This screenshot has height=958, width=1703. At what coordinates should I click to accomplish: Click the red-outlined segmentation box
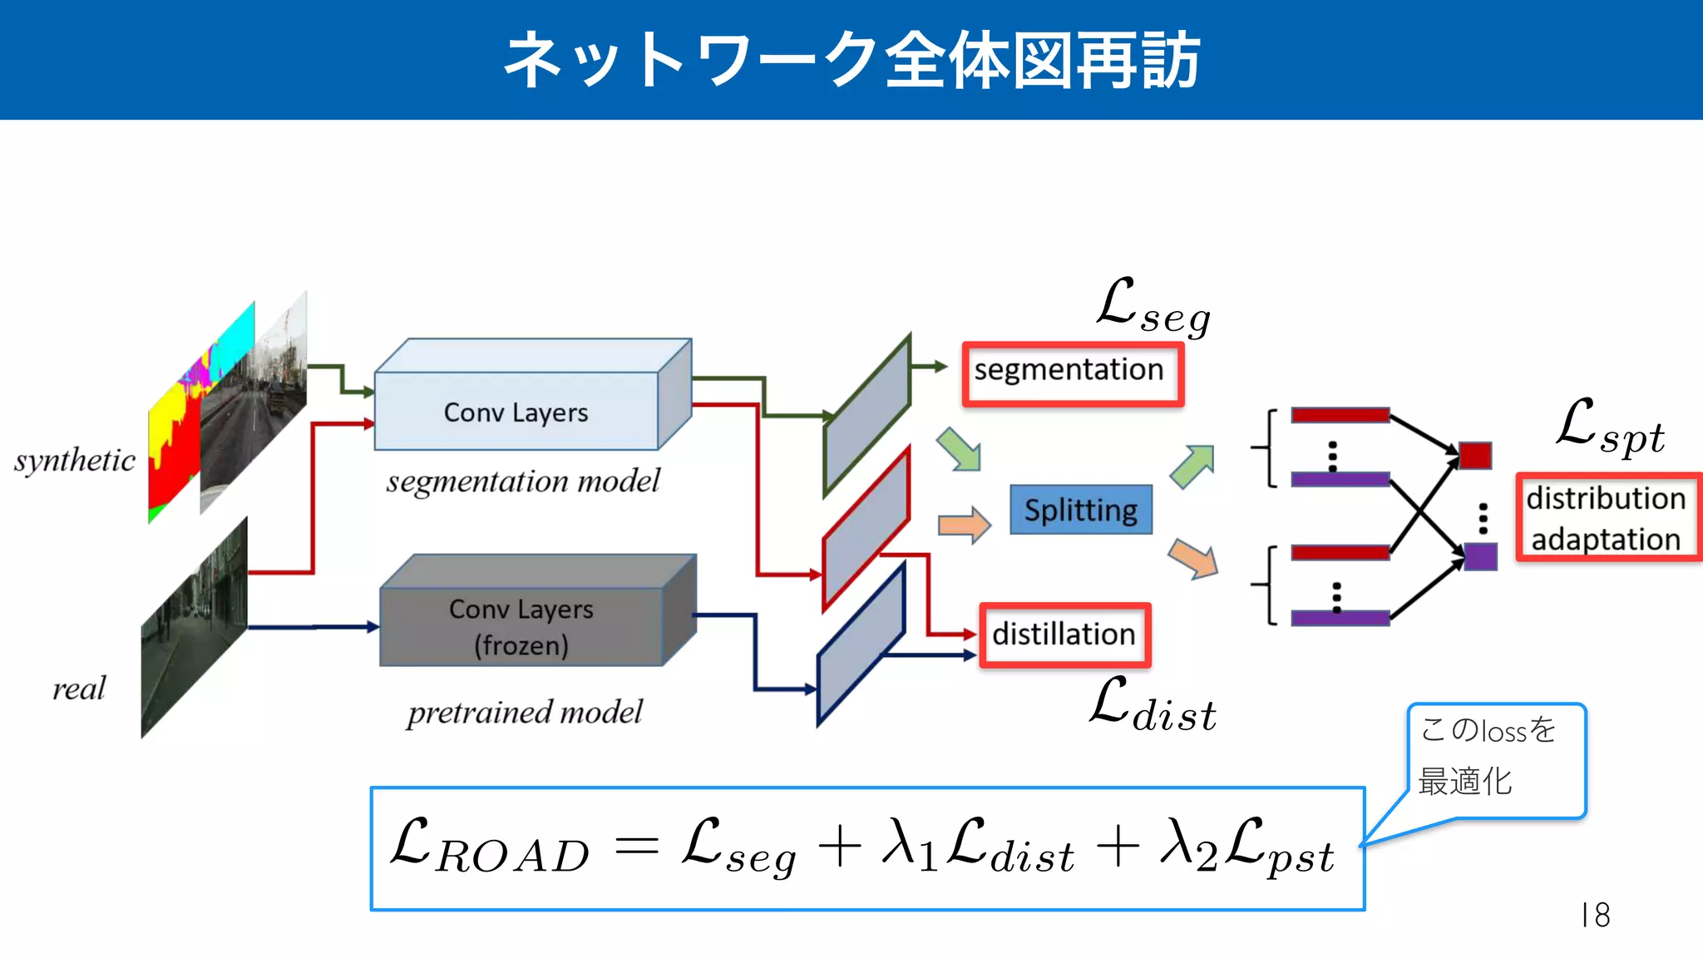click(x=1073, y=374)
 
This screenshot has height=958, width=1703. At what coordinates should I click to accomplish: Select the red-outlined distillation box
click(x=1065, y=635)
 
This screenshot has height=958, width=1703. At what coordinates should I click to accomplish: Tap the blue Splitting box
click(x=1081, y=510)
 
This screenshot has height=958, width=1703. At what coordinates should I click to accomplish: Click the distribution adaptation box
click(x=1607, y=518)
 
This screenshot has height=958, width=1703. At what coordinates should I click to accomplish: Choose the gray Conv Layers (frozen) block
click(x=522, y=625)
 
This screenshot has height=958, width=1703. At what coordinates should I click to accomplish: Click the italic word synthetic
click(x=75, y=460)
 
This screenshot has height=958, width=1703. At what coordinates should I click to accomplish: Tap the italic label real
click(x=79, y=689)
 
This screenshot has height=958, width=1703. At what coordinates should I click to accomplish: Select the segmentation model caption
click(x=523, y=481)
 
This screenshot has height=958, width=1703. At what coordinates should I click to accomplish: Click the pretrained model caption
click(x=525, y=712)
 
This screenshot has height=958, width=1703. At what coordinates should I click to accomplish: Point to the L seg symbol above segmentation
click(x=1153, y=307)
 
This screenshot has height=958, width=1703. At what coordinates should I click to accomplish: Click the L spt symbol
click(x=1610, y=427)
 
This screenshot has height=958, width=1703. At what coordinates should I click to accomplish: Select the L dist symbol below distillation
click(x=1153, y=705)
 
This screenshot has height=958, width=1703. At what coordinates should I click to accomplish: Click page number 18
click(x=1595, y=915)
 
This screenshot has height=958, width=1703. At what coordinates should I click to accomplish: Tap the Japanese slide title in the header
click(x=851, y=60)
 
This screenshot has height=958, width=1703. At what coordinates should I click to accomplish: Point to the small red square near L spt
click(x=1475, y=456)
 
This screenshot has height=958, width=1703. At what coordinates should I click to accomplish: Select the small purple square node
click(x=1480, y=556)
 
